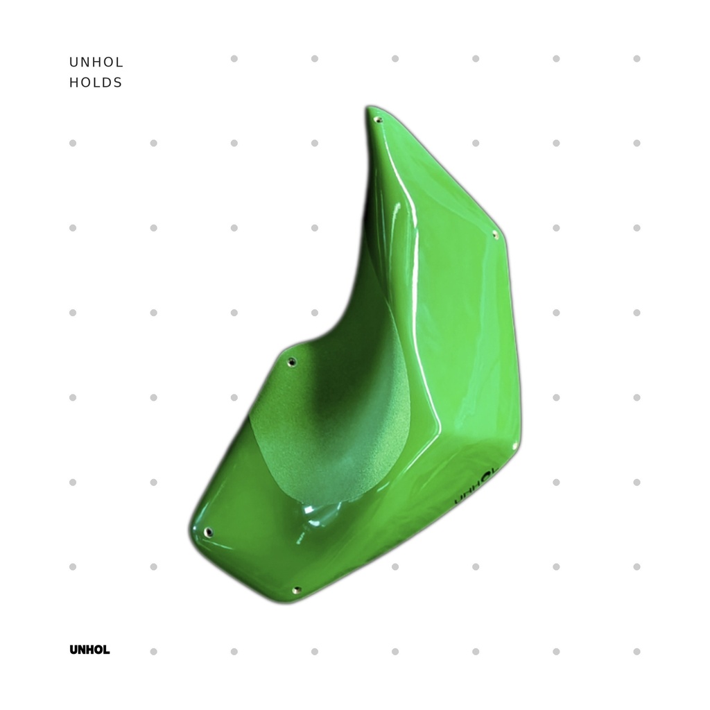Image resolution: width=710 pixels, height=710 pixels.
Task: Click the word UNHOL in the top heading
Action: pyautogui.click(x=96, y=62)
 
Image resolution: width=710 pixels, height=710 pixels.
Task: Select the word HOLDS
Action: pyautogui.click(x=96, y=83)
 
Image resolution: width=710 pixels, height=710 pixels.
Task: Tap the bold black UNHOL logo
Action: pyautogui.click(x=89, y=650)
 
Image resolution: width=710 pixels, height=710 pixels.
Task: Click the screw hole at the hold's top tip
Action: pyautogui.click(x=379, y=120)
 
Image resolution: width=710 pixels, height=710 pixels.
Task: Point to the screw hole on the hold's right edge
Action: pyautogui.click(x=495, y=234)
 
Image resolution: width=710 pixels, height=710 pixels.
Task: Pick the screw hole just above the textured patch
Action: pyautogui.click(x=292, y=361)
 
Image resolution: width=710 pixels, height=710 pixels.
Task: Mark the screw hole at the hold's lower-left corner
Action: pyautogui.click(x=208, y=532)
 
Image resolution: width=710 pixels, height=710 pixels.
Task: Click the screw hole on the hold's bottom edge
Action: pyautogui.click(x=297, y=590)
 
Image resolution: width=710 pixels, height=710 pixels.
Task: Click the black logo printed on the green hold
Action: pyautogui.click(x=475, y=487)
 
